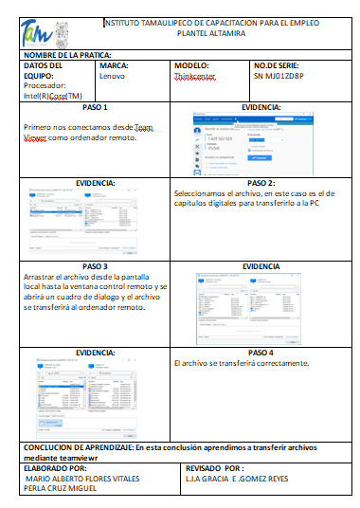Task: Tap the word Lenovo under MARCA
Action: click(x=112, y=75)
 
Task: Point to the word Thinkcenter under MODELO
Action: click(x=196, y=75)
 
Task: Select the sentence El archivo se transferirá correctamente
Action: click(x=243, y=363)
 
